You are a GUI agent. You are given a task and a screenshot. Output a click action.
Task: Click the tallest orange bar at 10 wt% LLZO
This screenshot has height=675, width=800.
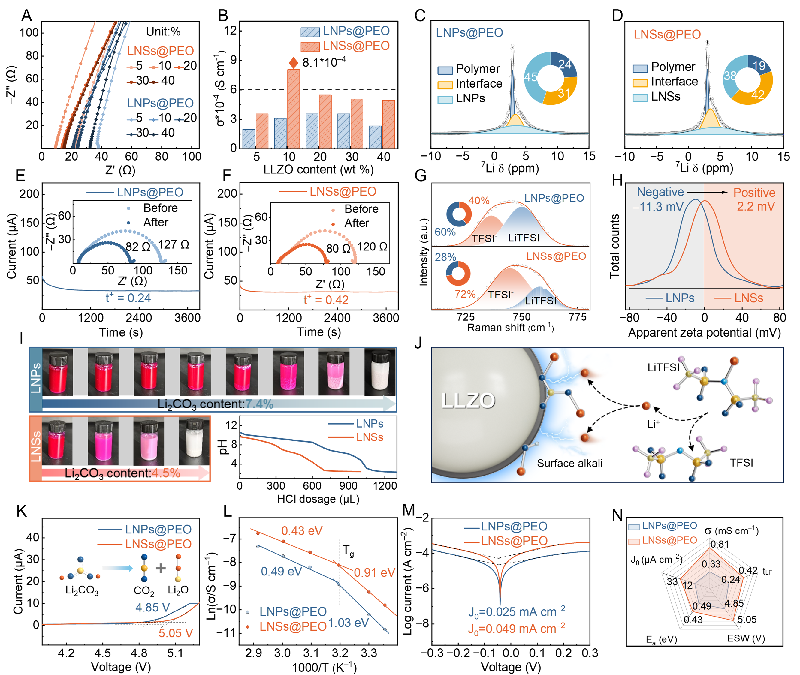coord(293,109)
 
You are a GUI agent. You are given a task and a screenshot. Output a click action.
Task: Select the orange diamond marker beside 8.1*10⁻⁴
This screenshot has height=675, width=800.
coord(293,63)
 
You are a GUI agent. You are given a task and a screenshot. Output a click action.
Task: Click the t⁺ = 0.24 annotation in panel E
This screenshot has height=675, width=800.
coord(128,298)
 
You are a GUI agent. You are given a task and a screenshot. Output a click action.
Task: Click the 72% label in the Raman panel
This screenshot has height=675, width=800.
coord(465,294)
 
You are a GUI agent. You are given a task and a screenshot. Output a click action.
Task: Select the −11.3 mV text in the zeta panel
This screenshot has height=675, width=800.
coord(658,207)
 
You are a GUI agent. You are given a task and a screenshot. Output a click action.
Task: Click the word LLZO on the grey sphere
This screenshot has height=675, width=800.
coord(468,400)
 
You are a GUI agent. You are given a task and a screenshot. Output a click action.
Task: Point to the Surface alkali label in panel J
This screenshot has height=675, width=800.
coord(569,463)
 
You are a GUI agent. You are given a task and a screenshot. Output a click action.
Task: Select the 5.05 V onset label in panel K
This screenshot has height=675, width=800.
coord(176,633)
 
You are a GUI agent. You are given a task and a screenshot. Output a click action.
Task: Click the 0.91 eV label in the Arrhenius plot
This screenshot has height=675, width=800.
coord(374,572)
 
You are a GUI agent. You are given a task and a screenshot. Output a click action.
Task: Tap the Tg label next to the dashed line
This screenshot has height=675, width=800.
coord(348,551)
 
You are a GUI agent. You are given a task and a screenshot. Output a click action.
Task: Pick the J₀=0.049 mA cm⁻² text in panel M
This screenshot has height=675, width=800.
coord(516,629)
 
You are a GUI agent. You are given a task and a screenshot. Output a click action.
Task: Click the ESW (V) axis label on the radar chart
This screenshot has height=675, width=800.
coord(746,638)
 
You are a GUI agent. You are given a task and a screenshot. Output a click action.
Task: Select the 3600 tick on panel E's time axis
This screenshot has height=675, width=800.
coord(187,318)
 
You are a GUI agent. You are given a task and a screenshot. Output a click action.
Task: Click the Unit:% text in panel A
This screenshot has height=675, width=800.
coord(164,31)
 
